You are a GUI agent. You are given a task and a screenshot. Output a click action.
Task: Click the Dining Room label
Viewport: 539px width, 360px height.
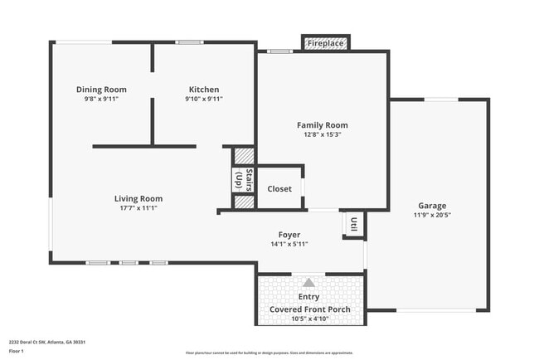(x=101, y=90)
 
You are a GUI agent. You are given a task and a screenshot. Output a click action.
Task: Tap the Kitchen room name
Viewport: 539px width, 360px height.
(x=204, y=90)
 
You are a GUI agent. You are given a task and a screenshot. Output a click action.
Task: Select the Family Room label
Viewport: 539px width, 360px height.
(x=322, y=125)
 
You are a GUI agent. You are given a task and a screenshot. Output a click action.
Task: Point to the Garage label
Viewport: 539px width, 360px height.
(x=432, y=206)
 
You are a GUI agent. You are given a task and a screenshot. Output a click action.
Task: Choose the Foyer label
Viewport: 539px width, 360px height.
(x=289, y=235)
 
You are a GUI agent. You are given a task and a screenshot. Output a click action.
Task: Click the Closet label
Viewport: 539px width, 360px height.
(x=279, y=189)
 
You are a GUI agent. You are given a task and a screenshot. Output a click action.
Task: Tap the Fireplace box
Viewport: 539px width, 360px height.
(x=325, y=43)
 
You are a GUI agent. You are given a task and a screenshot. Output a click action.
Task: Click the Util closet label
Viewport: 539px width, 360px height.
(x=354, y=223)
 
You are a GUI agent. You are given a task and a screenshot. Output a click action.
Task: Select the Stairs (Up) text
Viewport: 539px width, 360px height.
(x=244, y=180)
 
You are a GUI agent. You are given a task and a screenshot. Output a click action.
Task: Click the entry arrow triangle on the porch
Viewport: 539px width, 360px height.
(x=309, y=283)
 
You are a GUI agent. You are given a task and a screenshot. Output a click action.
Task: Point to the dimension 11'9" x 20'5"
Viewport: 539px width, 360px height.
(x=432, y=215)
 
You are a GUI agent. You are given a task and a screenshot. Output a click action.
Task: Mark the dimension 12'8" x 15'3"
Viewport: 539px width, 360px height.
(x=322, y=134)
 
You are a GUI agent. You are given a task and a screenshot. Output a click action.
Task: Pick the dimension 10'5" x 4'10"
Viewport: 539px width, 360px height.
(x=309, y=319)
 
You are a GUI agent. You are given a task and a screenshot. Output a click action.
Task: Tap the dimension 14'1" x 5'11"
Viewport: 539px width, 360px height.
(x=289, y=244)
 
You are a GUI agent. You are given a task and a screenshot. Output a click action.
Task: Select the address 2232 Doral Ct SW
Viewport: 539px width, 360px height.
(x=31, y=342)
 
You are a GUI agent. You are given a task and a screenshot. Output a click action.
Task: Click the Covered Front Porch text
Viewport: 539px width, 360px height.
(x=309, y=309)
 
